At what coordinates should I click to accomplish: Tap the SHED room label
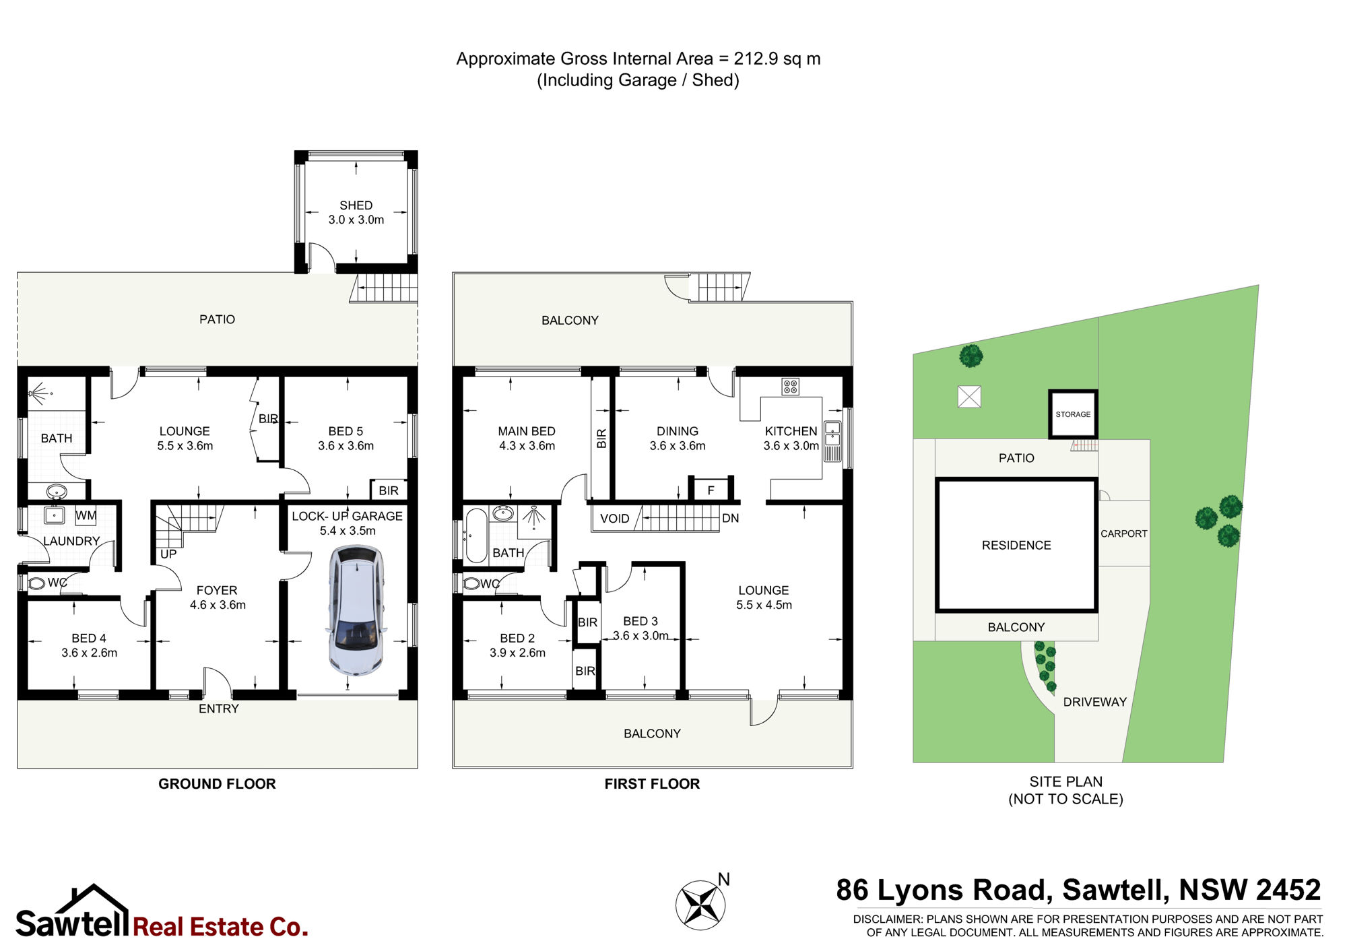coord(356,205)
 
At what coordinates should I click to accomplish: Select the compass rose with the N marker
coord(701,904)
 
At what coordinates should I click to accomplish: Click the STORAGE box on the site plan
coord(1073,414)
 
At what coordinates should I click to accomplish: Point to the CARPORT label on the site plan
coord(1123,533)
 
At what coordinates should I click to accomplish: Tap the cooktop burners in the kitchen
coord(790,387)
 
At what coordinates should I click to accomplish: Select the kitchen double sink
coord(832,433)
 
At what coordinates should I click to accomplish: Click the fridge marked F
coord(711,490)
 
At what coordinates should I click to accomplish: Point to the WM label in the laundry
coord(86,516)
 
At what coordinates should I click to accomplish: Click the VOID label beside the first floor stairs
coord(614,519)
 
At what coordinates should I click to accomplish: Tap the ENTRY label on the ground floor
coord(218,709)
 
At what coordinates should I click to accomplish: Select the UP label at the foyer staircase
coord(168,554)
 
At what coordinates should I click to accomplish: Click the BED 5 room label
coord(346,431)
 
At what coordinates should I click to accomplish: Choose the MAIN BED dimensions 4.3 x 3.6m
coord(527,446)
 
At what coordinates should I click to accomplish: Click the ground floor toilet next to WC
coord(36,583)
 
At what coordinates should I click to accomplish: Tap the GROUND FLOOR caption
coord(217,784)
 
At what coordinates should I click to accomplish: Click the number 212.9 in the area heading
coord(756,59)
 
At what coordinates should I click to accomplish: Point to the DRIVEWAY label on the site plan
coord(1094,702)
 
